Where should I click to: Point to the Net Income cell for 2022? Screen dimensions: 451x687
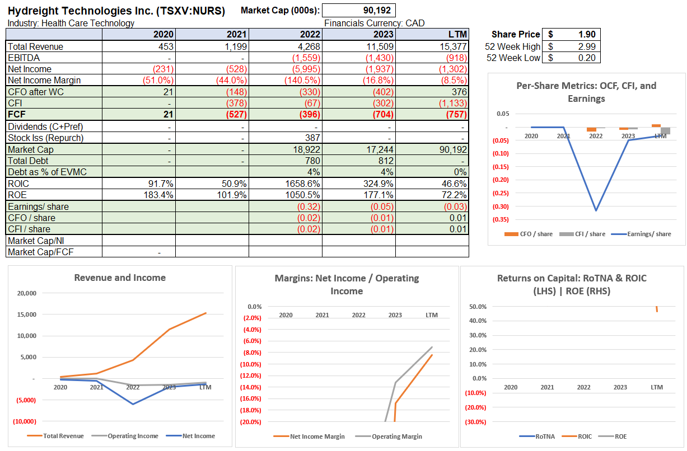306,69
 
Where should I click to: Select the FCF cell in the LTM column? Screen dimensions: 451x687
454,115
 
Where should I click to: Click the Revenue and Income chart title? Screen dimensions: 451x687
120,278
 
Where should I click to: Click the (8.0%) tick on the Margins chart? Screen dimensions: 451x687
251,353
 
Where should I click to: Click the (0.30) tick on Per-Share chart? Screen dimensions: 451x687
500,206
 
